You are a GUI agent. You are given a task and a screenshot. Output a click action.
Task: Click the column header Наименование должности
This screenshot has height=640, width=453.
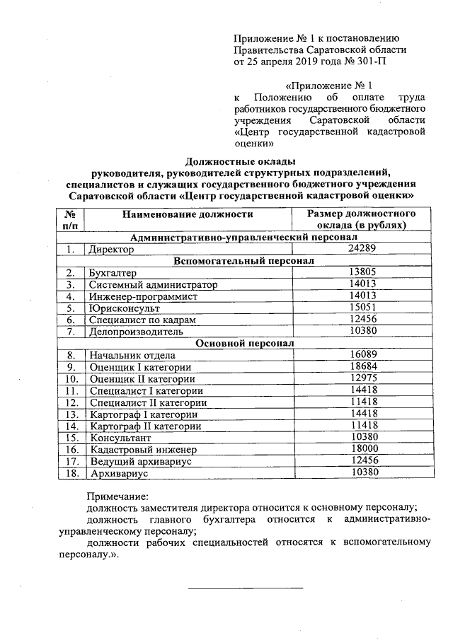[187, 214]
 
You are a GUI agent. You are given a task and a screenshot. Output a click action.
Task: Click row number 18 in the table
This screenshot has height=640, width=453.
[70, 472]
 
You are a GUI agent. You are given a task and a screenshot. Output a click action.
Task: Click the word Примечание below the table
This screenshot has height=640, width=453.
[117, 497]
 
